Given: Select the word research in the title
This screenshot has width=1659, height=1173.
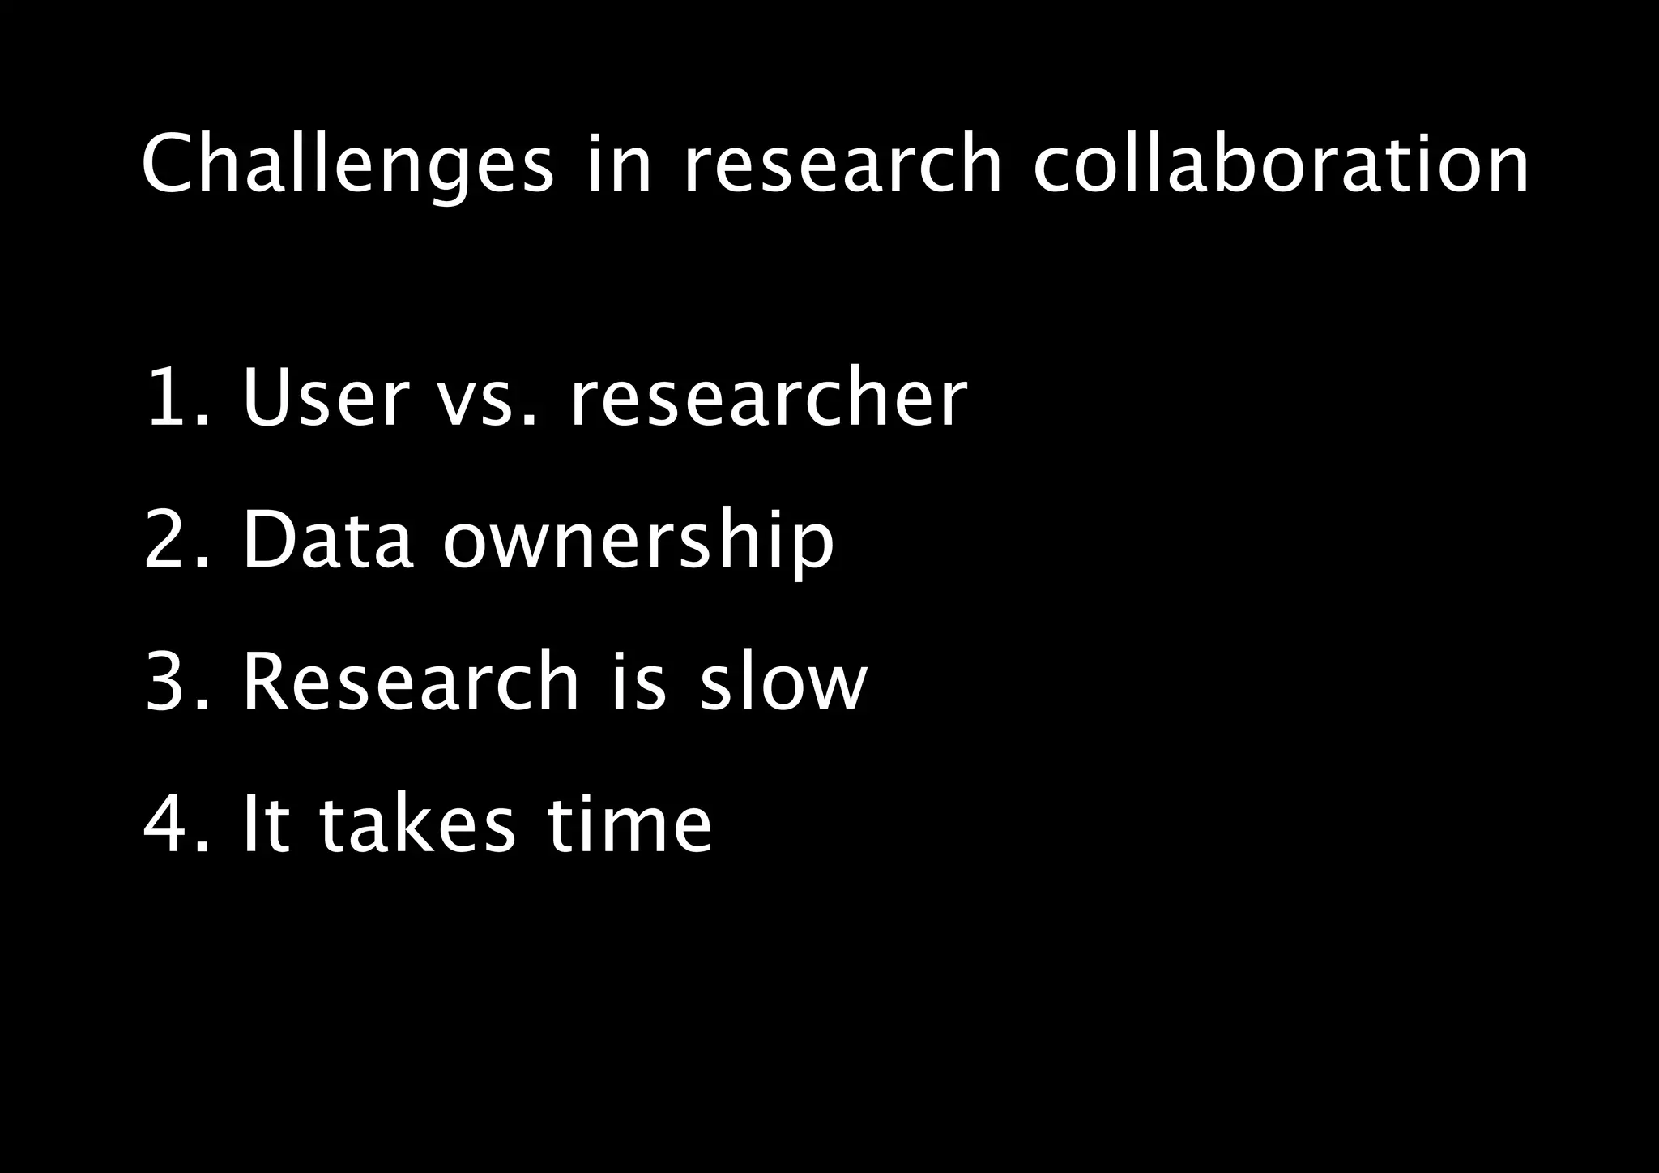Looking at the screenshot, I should point(842,165).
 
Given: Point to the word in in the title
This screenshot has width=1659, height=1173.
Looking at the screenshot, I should point(618,165).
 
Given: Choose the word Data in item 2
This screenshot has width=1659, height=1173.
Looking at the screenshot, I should point(328,539).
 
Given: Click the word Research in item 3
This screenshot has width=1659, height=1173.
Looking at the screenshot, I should point(411,681).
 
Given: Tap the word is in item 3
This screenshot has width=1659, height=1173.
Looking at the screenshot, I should point(639,681).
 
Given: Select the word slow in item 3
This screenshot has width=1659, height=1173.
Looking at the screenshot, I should point(783,681).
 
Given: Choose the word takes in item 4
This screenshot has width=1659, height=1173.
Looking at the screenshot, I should point(417,824).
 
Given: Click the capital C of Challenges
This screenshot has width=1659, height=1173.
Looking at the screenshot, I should point(169,165).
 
